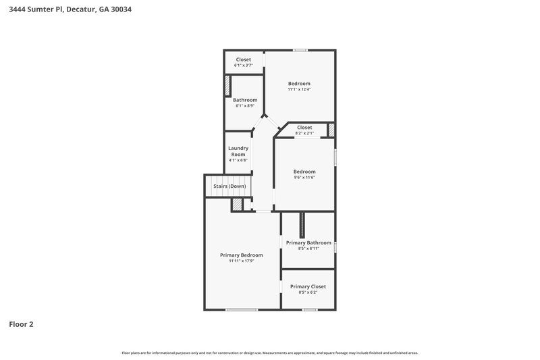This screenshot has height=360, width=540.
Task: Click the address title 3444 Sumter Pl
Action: click(x=65, y=10)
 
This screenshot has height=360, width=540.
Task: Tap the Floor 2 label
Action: click(x=21, y=324)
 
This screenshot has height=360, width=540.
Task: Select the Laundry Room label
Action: click(x=238, y=151)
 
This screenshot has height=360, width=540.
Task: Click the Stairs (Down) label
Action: click(x=230, y=186)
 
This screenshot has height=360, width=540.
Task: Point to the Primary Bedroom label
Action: click(x=242, y=255)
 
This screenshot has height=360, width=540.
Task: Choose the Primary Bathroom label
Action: click(x=308, y=242)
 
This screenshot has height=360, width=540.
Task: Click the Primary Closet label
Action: click(x=308, y=286)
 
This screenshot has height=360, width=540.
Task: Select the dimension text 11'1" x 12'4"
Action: click(x=299, y=89)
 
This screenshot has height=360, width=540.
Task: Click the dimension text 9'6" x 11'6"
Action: click(x=304, y=177)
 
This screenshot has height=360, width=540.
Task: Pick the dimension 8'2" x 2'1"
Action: click(x=304, y=133)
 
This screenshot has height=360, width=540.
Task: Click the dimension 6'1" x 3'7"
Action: click(x=243, y=66)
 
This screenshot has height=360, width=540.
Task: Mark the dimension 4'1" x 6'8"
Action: click(x=238, y=160)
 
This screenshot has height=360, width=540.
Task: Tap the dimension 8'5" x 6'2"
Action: click(x=308, y=292)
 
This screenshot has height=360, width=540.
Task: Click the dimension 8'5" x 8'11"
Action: click(x=308, y=249)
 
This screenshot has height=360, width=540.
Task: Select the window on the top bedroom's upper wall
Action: click(x=300, y=49)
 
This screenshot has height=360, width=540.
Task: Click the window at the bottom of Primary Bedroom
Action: click(x=242, y=310)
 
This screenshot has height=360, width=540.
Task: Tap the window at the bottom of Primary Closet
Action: click(x=309, y=310)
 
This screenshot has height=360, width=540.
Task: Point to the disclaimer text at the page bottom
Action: click(x=270, y=353)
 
